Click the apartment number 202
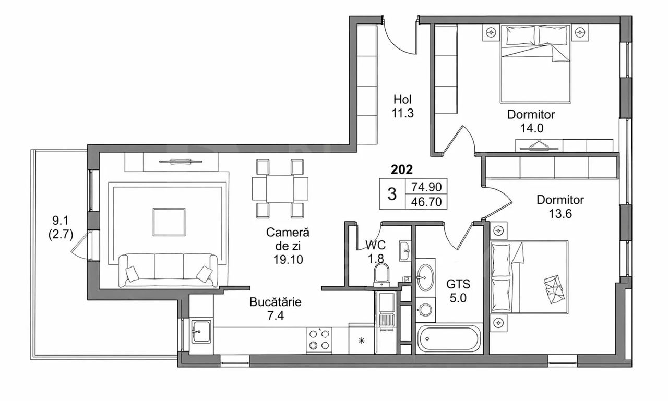pos(402,169)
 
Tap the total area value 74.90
pos(426,187)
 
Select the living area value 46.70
pos(426,202)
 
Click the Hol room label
pos(402,99)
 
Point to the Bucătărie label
pos(275,302)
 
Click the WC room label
pos(375,245)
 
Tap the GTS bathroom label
pos(458,284)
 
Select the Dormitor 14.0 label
pos(531,121)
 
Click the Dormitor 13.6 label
pos(560,206)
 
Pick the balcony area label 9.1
pos(61,221)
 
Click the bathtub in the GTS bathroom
pos(448,339)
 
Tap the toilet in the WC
pos(382,275)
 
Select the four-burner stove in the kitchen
pos(319,340)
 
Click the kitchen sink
pos(201,332)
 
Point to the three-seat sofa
pos(168,270)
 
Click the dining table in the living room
pos(280,188)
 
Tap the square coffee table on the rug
pos(169,222)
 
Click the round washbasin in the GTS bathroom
pos(425,277)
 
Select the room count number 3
pos(392,194)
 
